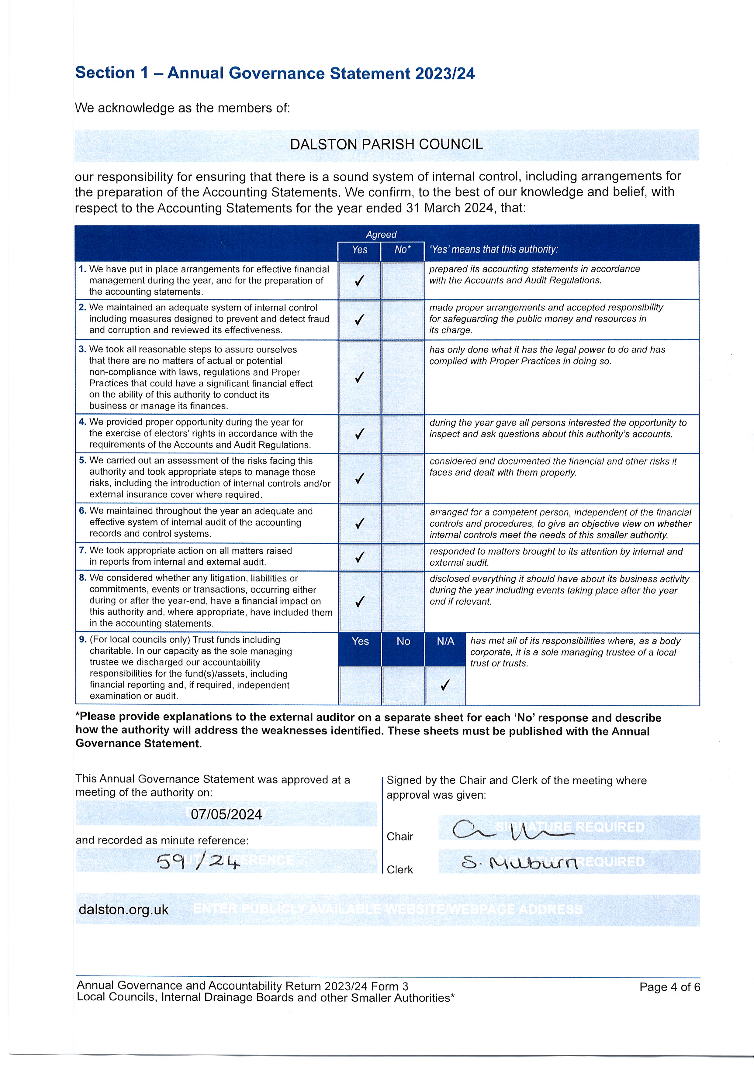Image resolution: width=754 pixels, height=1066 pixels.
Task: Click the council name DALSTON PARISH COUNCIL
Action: [386, 144]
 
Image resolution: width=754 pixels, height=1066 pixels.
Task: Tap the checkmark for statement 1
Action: [359, 281]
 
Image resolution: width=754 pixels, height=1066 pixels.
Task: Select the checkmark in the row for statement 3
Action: [359, 377]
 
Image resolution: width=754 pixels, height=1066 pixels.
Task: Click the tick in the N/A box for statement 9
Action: [445, 685]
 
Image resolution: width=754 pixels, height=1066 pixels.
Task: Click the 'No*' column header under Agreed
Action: [402, 250]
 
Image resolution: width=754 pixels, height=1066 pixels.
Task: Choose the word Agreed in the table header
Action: [381, 235]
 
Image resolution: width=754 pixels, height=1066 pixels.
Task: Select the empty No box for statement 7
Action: [402, 557]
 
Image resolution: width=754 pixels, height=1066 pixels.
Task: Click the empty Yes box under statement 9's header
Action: [360, 685]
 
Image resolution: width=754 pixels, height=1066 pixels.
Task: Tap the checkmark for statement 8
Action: [359, 602]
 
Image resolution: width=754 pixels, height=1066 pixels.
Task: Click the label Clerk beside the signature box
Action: [399, 870]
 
